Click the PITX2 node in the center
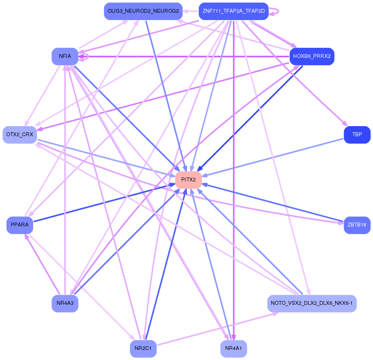(x=188, y=180)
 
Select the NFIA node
(x=65, y=56)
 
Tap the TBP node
(x=357, y=135)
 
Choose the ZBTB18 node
(x=357, y=225)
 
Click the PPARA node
(x=20, y=225)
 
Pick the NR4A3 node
(x=65, y=303)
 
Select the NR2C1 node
(x=143, y=349)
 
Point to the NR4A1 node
(x=233, y=349)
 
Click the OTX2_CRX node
(x=20, y=135)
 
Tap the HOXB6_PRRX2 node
(x=312, y=56)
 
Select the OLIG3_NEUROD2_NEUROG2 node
(x=143, y=11)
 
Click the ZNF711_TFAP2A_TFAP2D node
(x=233, y=11)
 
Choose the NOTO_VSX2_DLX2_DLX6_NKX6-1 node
(x=312, y=303)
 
